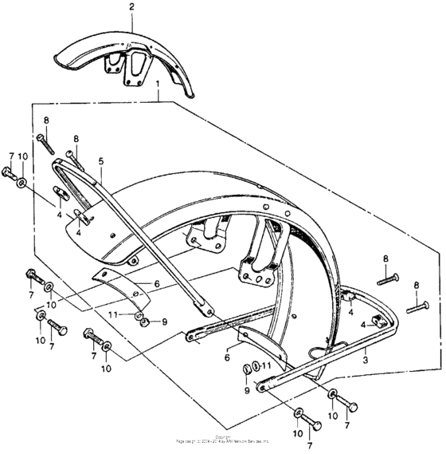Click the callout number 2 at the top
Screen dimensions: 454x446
tap(131, 6)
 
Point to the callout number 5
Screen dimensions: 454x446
tap(101, 161)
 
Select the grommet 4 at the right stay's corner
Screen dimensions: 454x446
tap(348, 297)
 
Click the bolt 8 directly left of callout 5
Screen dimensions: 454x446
tap(75, 156)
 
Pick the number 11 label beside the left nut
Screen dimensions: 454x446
tap(115, 315)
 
